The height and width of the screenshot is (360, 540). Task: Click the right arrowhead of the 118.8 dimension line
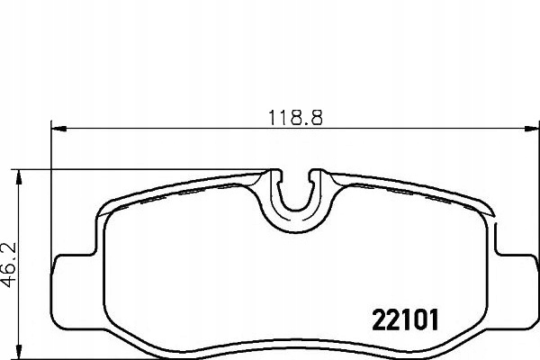click(526, 128)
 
